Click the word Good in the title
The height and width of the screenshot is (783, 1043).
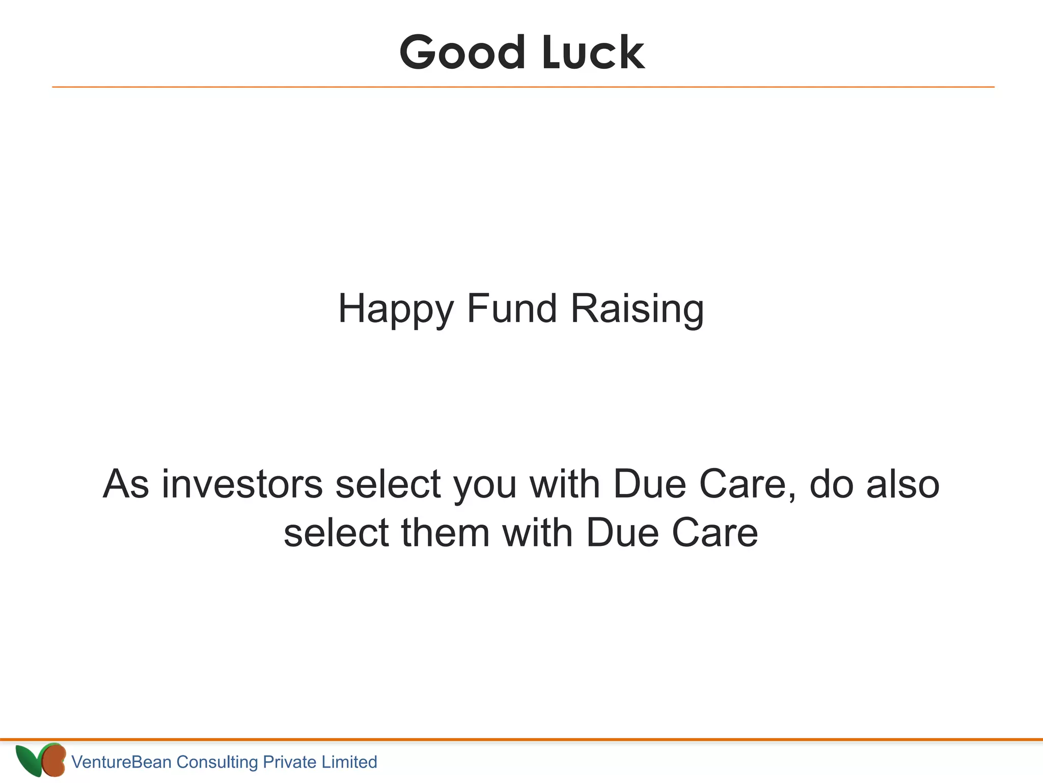(x=462, y=53)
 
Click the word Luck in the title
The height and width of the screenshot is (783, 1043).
(x=593, y=53)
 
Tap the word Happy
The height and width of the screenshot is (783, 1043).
(x=395, y=309)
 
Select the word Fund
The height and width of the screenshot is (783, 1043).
(x=511, y=308)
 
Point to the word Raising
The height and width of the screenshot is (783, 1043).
(x=637, y=308)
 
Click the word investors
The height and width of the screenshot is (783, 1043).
(x=242, y=484)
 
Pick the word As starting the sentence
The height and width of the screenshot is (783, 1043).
(x=126, y=484)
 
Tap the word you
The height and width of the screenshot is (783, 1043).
(x=485, y=485)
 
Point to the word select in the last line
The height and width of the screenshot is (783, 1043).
(x=336, y=533)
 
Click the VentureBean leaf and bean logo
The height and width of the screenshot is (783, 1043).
(x=41, y=760)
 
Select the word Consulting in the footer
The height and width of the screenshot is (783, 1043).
(x=217, y=762)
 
